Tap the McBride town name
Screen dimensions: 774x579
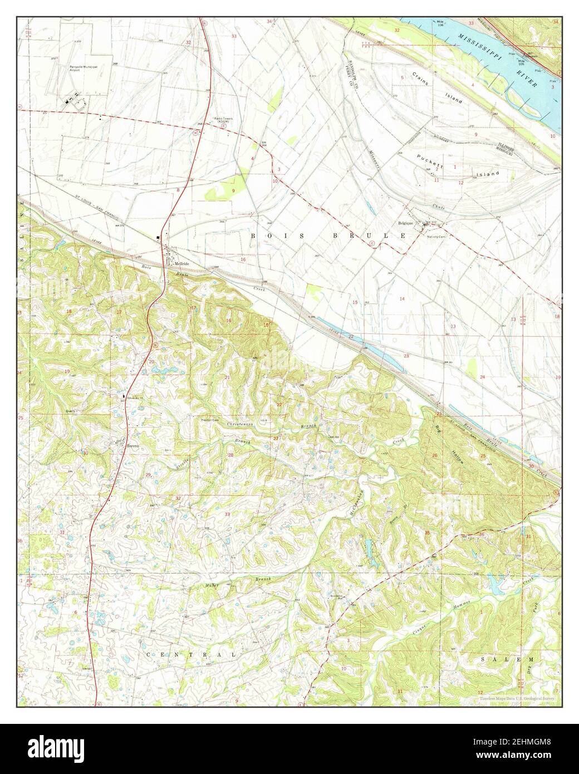pyautogui.click(x=182, y=263)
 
